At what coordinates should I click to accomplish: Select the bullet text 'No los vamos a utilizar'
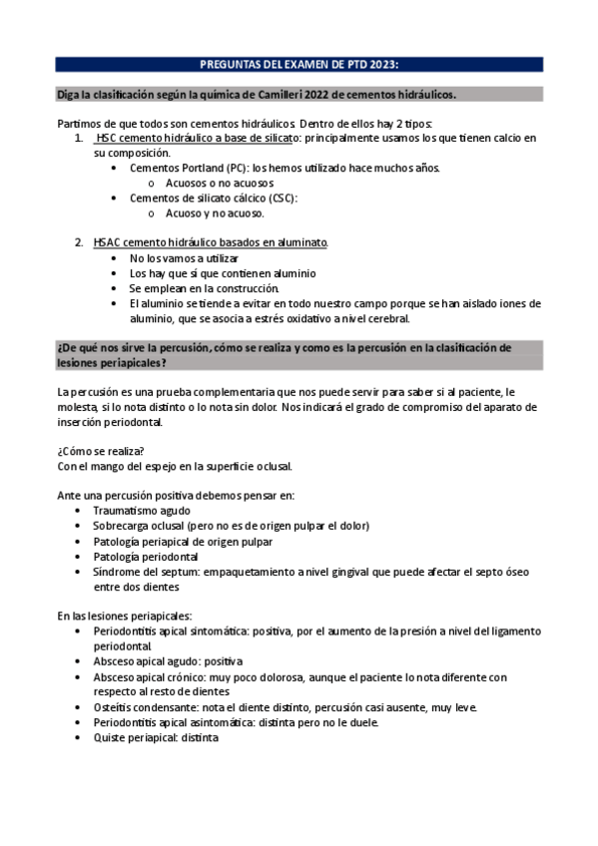(x=184, y=258)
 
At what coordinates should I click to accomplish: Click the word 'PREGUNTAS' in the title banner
(x=231, y=64)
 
